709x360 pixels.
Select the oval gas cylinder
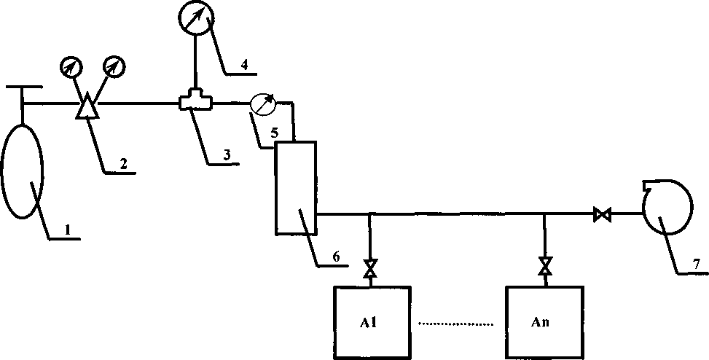(24, 171)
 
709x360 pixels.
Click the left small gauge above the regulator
(70, 67)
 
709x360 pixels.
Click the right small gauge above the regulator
(114, 67)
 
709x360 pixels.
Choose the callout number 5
(274, 133)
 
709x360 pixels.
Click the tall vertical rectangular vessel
(295, 188)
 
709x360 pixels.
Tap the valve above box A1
(369, 268)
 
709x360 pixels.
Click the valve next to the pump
(603, 215)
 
